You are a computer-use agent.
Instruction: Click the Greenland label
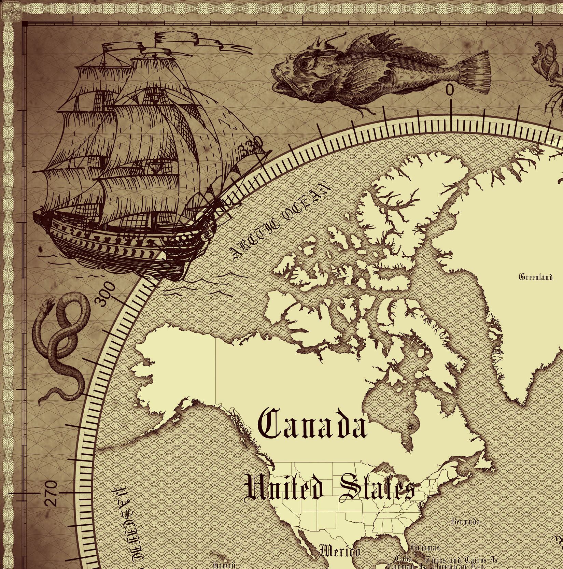(x=535, y=277)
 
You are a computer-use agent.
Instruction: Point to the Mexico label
(x=339, y=551)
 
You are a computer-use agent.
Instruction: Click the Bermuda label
(x=465, y=522)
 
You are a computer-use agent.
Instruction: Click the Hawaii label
(x=224, y=565)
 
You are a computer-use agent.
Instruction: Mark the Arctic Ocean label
(x=280, y=222)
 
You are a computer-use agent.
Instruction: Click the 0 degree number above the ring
(x=450, y=90)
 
